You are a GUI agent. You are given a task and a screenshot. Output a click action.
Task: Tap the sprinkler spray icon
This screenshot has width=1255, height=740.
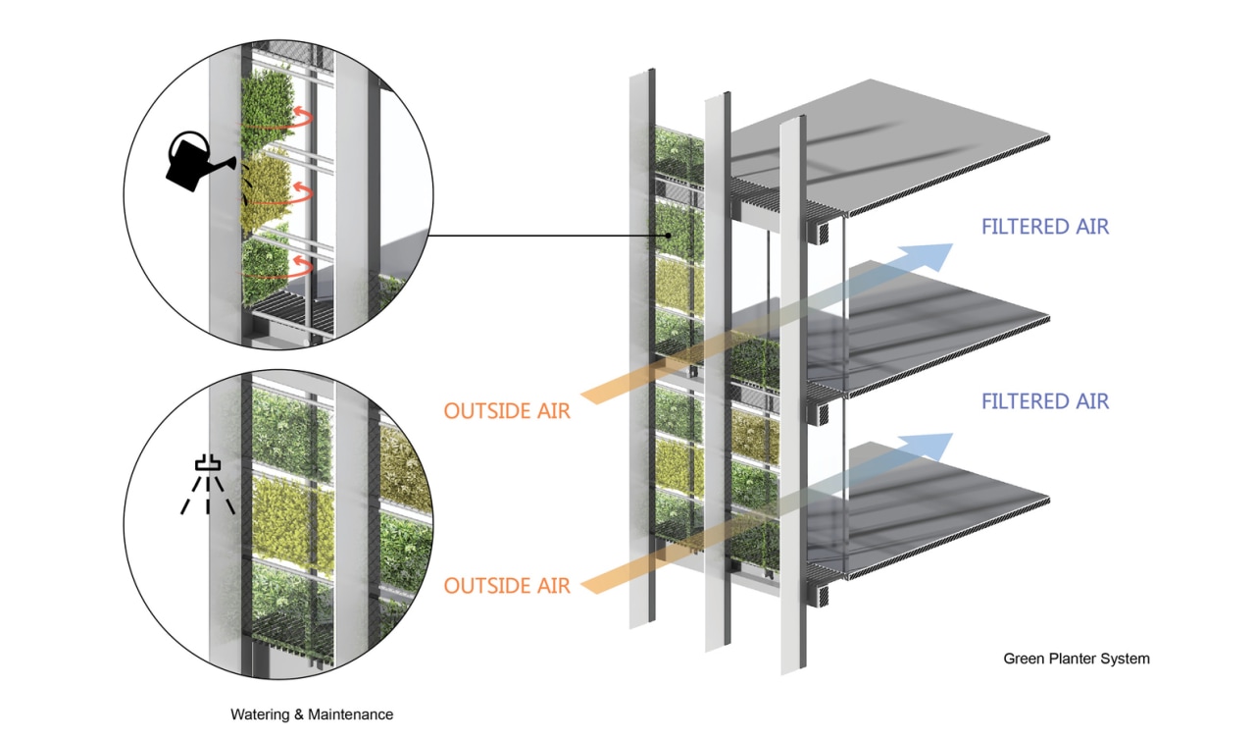pyautogui.click(x=208, y=485)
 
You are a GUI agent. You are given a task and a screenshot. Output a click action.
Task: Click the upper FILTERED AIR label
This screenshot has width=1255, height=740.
pyautogui.click(x=1045, y=227)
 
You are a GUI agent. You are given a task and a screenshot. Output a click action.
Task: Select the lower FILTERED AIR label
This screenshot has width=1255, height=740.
pyautogui.click(x=1045, y=401)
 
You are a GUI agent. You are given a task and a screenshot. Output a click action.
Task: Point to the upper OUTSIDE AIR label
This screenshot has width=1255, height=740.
pyautogui.click(x=506, y=410)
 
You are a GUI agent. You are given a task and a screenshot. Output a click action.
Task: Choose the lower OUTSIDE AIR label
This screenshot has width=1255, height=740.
pyautogui.click(x=506, y=586)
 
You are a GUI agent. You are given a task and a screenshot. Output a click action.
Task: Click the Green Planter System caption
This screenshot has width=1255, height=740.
pyautogui.click(x=1076, y=659)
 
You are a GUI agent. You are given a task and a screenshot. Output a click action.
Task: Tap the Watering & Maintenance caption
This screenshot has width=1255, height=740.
pyautogui.click(x=312, y=714)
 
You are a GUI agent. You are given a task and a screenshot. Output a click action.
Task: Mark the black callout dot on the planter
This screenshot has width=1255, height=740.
pyautogui.click(x=668, y=236)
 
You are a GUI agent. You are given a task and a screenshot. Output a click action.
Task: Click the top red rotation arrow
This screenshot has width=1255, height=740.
pyautogui.click(x=299, y=119)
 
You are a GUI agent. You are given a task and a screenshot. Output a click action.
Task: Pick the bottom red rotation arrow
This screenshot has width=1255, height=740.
pyautogui.click(x=299, y=266)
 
